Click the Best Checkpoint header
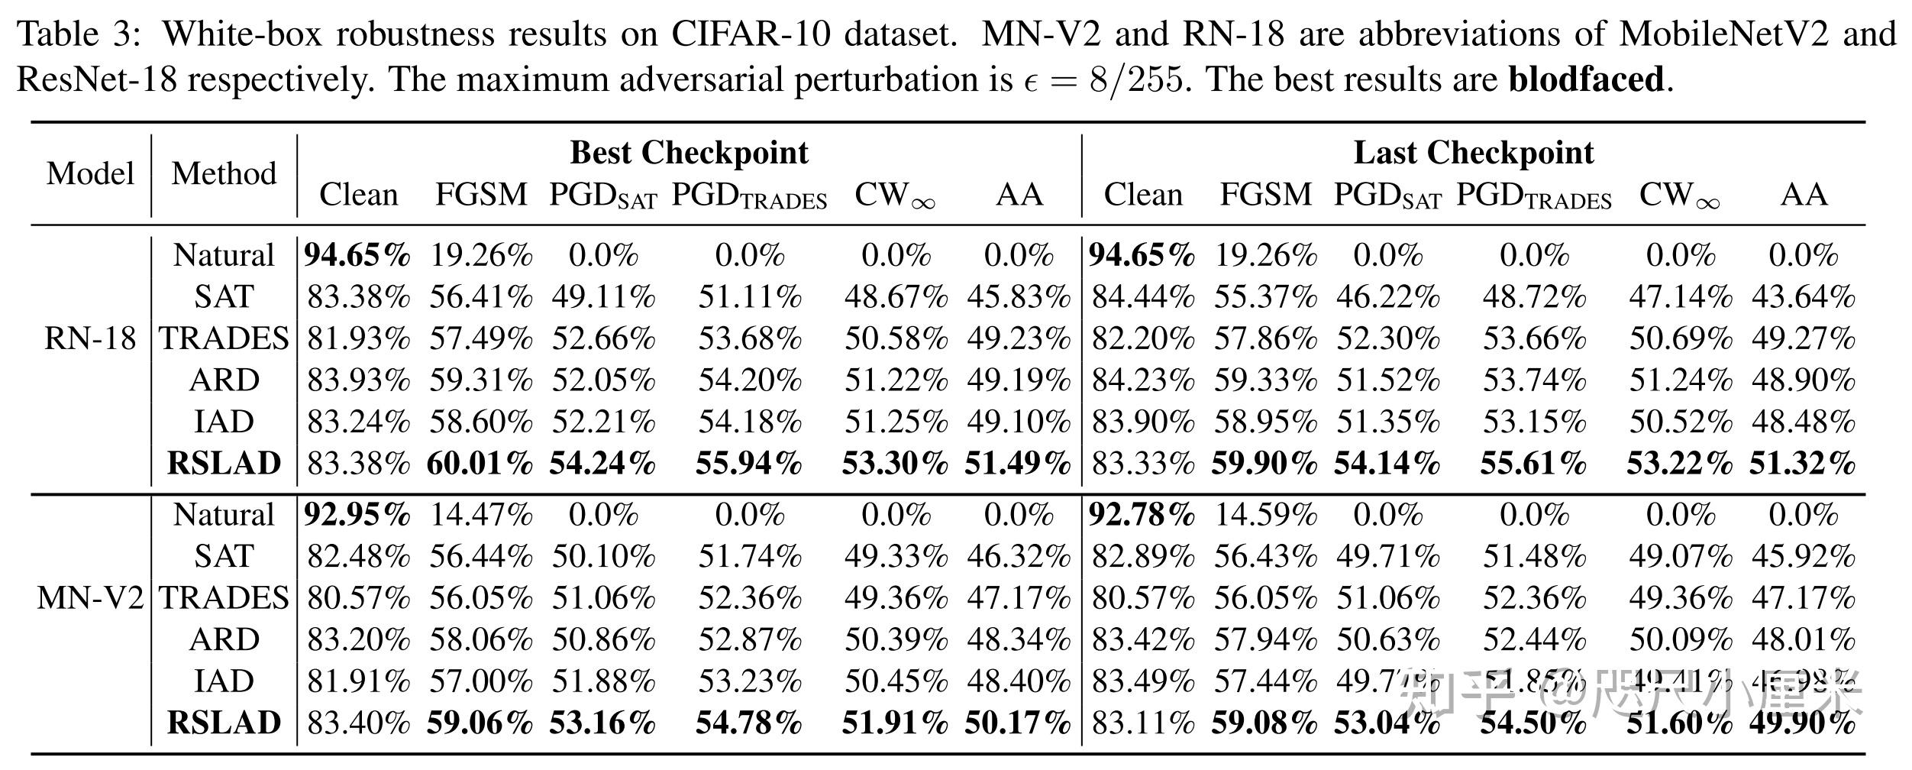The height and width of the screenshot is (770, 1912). (689, 153)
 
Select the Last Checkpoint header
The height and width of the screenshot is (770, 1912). (1474, 153)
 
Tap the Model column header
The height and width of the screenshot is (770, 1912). (90, 173)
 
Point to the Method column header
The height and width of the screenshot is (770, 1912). (224, 173)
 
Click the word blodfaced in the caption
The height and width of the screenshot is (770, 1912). (1586, 79)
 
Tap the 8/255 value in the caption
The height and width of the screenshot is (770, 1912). (1137, 79)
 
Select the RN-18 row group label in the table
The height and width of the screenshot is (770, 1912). (90, 338)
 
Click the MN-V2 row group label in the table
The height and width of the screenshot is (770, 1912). (90, 598)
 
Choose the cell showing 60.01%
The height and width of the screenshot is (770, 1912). (480, 464)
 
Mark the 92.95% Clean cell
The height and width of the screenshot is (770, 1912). (357, 515)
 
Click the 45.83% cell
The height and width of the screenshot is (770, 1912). (1019, 297)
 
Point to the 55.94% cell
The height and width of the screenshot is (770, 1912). (749, 464)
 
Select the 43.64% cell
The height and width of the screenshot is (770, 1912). (1803, 297)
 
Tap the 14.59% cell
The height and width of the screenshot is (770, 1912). (1265, 515)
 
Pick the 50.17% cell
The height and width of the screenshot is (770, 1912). (1019, 723)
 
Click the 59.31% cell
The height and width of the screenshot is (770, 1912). (480, 380)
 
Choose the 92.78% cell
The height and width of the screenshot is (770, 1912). (1142, 515)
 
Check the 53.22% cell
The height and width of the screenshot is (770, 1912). (1679, 464)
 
